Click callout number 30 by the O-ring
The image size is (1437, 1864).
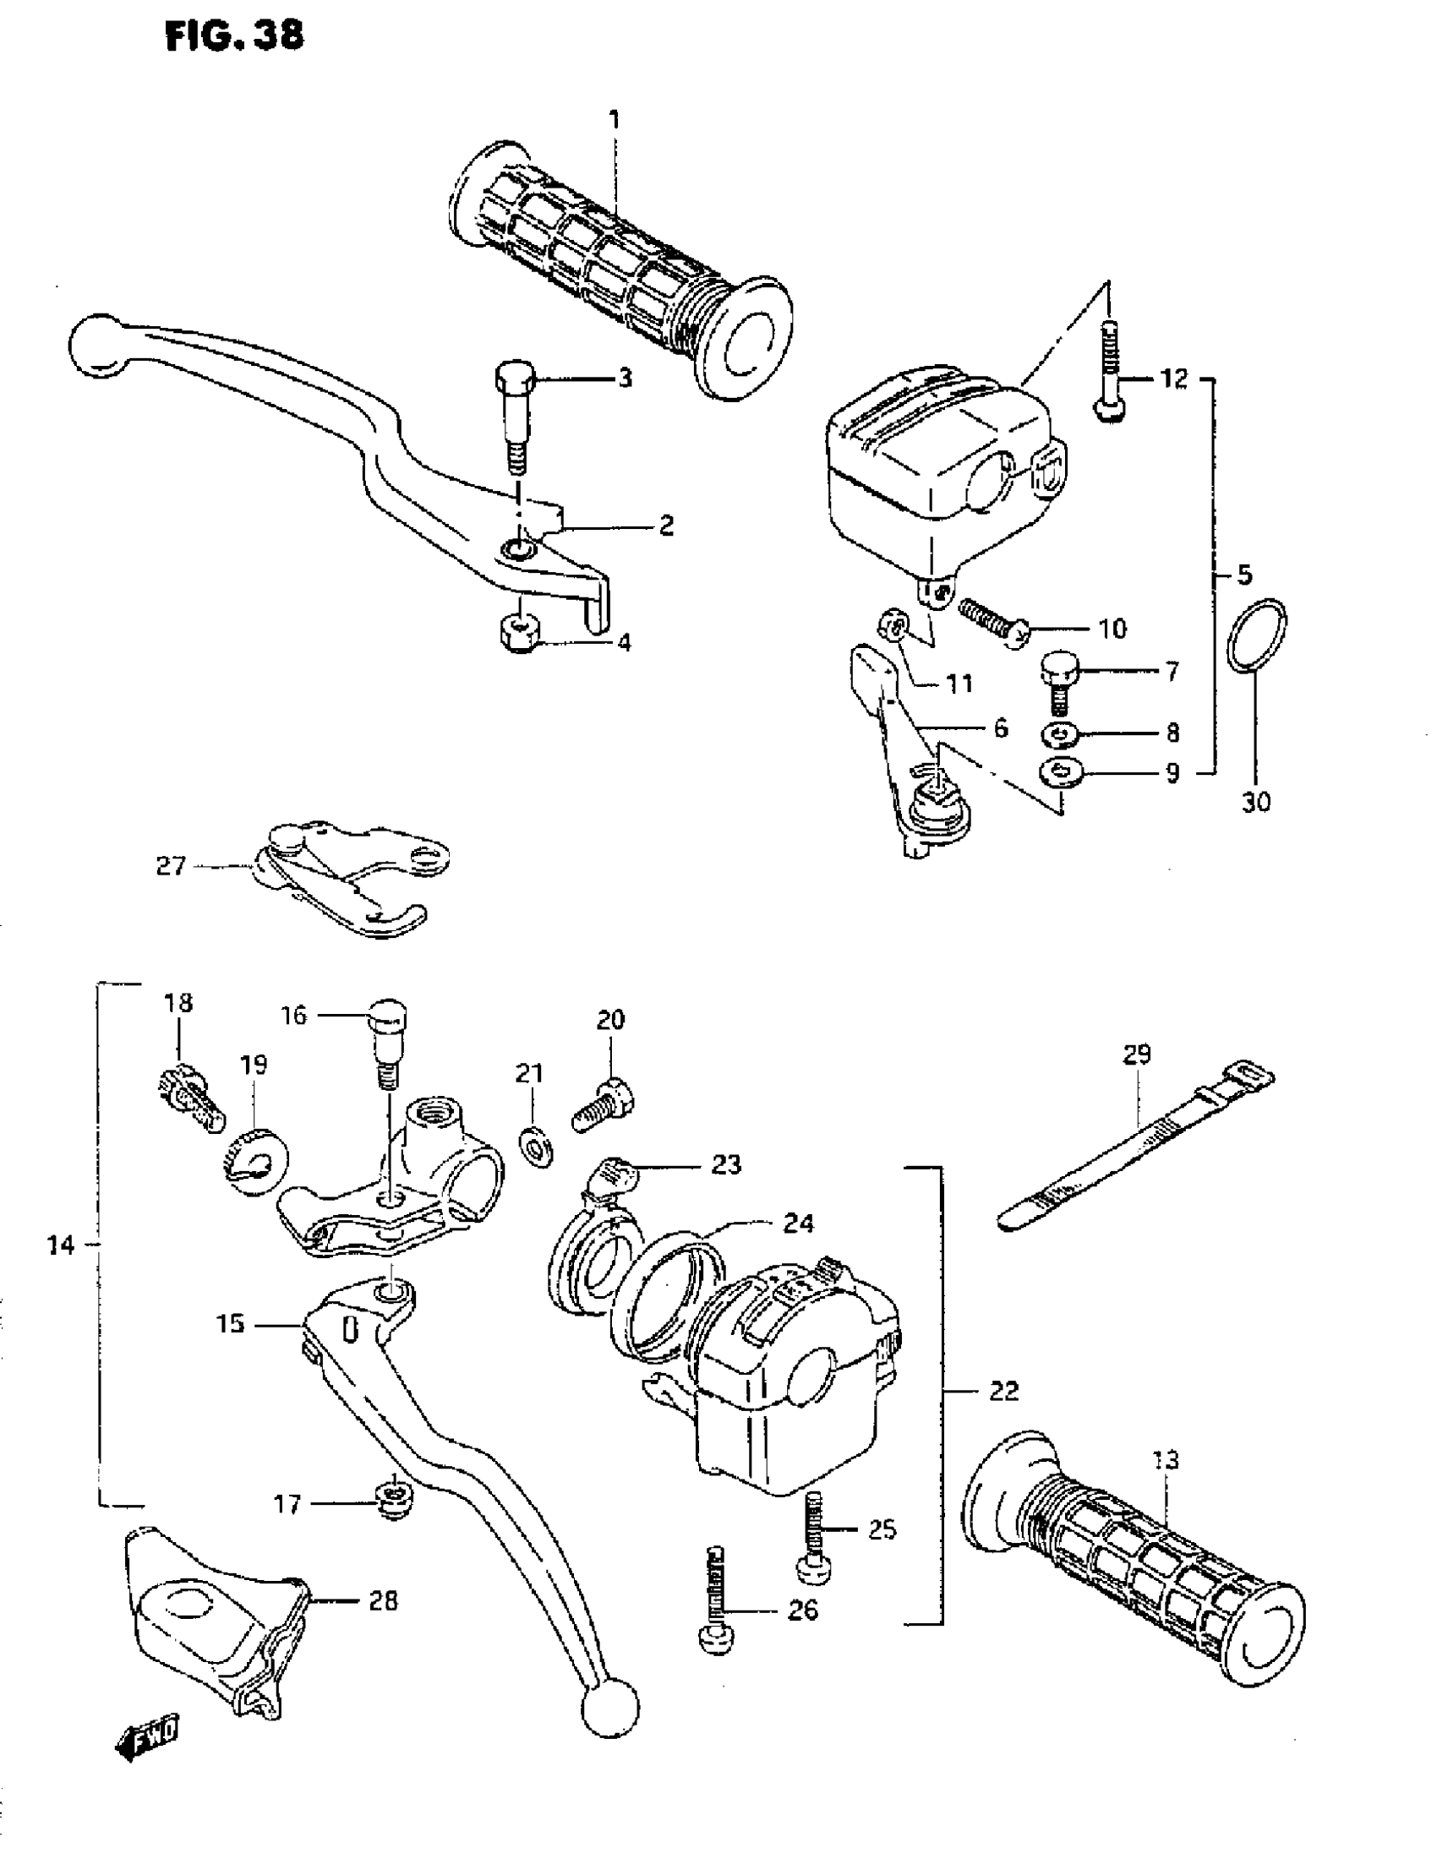[x=1255, y=802]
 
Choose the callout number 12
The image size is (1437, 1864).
[x=1174, y=378]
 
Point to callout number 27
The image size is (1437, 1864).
[x=171, y=866]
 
